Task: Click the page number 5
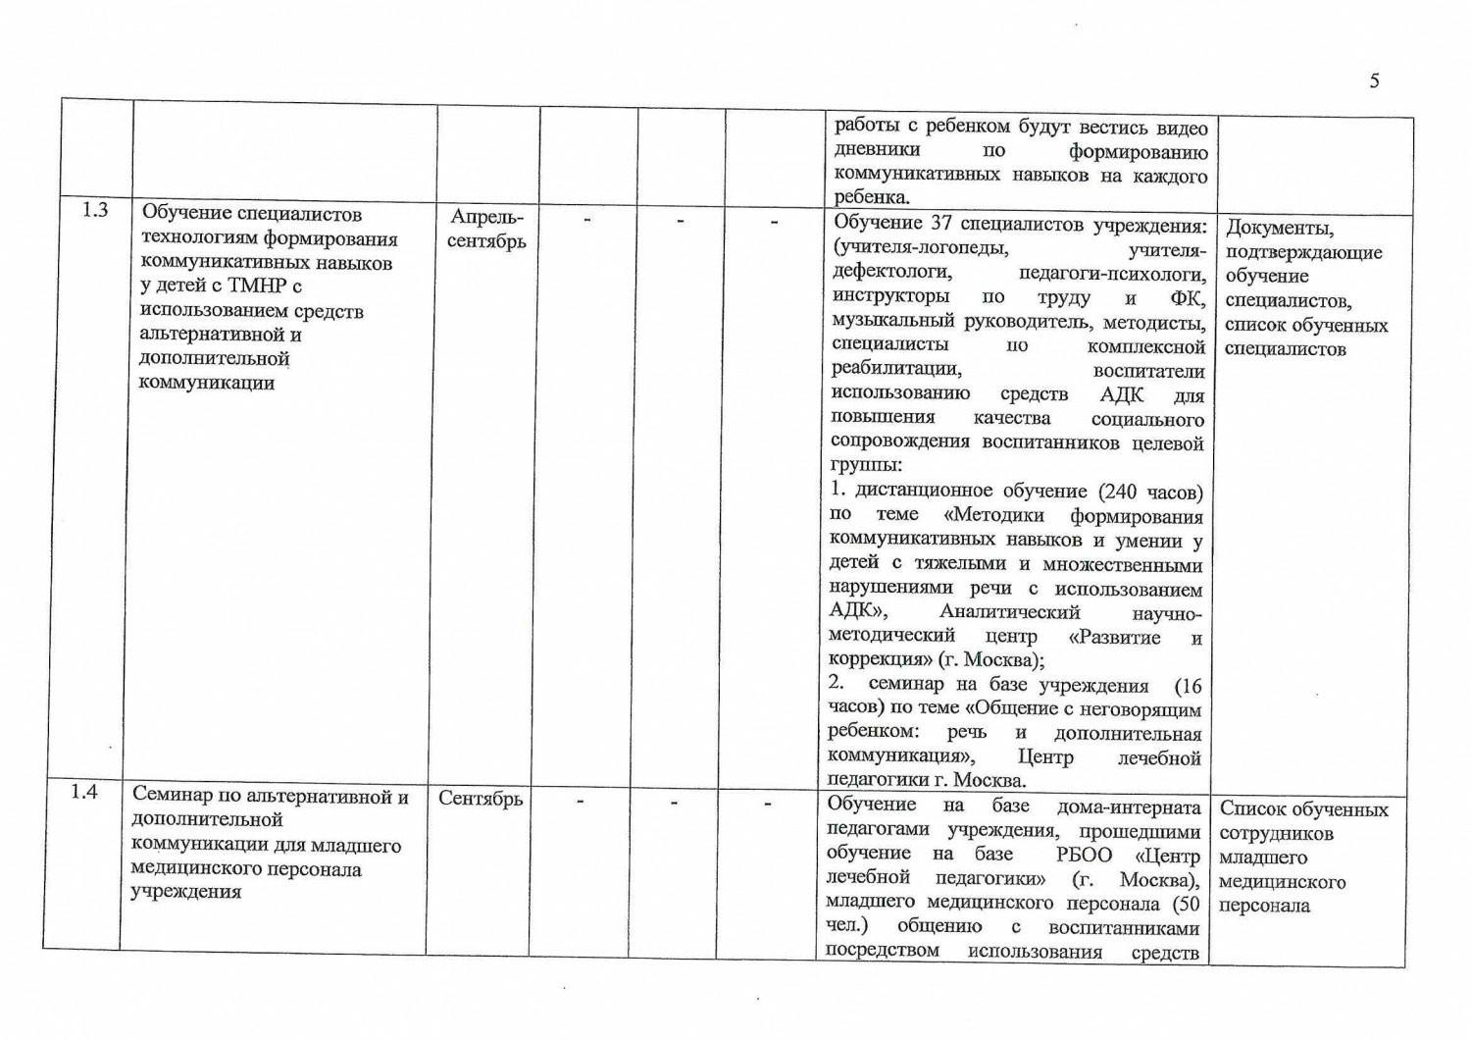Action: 1374,81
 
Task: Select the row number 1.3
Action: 95,210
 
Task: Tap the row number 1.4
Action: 84,792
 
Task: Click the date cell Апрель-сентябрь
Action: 486,229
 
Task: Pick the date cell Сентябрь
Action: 481,799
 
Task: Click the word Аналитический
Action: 1009,612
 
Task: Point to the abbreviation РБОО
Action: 1084,855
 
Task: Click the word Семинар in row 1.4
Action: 174,796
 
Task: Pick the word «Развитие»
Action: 1114,638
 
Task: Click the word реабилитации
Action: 895,369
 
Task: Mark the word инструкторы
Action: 890,296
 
